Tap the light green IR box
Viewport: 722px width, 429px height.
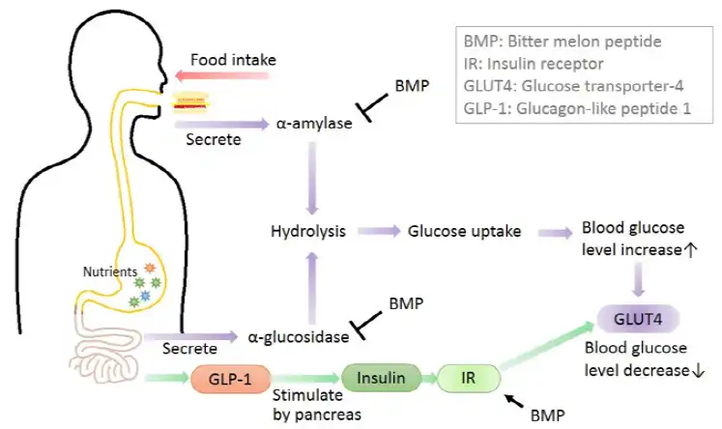469,377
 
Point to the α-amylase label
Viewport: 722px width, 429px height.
312,125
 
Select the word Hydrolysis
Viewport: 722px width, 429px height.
307,231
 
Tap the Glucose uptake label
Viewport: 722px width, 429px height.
464,231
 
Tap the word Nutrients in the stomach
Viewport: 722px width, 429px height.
108,272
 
